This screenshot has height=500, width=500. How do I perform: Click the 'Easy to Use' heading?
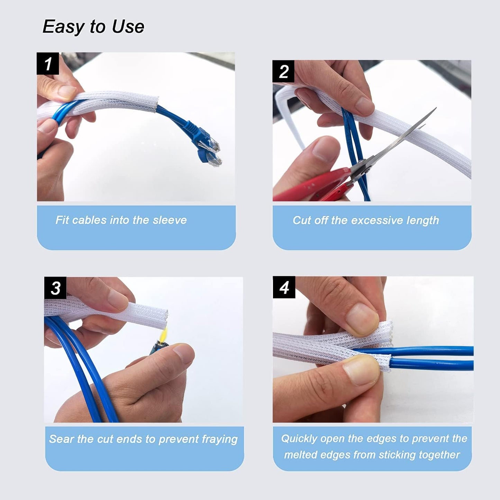pyautogui.click(x=93, y=27)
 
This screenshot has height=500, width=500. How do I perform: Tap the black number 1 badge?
pyautogui.click(x=48, y=64)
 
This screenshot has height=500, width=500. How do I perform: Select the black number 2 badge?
pyautogui.click(x=283, y=71)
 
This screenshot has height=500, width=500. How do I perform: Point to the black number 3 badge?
pyautogui.click(x=55, y=288)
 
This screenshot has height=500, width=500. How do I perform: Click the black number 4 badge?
pyautogui.click(x=284, y=287)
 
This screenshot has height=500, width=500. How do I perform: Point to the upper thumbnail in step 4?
pyautogui.click(x=362, y=319)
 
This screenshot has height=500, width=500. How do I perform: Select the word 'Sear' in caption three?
pyautogui.click(x=61, y=439)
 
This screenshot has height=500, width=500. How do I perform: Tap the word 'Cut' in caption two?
pyautogui.click(x=301, y=220)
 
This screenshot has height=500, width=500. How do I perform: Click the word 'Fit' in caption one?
pyautogui.click(x=62, y=220)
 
